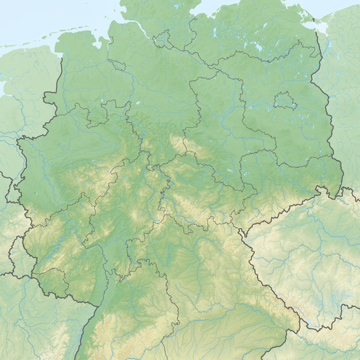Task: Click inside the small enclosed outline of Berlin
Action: click(x=285, y=101)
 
